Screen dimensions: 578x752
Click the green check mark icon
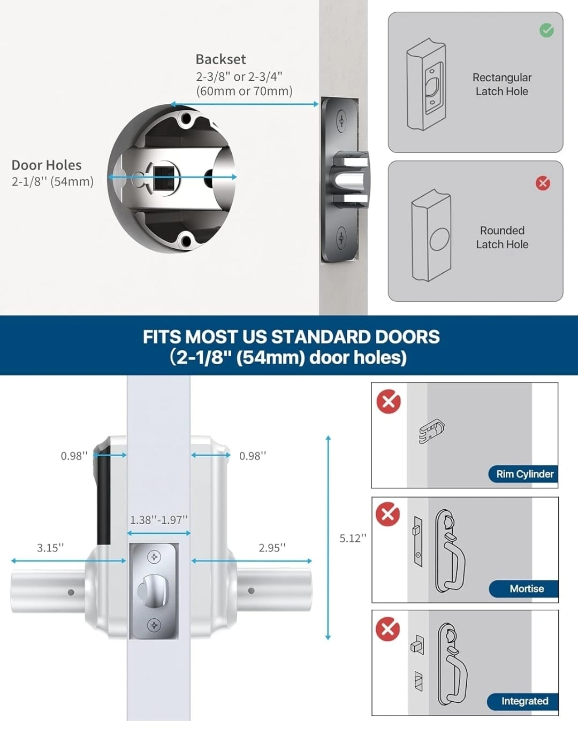tap(546, 30)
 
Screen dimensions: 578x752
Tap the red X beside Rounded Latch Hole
tap(543, 183)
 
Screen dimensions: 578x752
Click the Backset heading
tap(220, 59)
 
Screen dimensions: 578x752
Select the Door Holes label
tap(47, 165)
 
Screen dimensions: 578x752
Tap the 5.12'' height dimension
tap(353, 538)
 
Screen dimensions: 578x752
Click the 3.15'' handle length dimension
tap(50, 548)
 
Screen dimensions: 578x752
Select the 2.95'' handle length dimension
tap(272, 548)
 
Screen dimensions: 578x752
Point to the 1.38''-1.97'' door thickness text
tap(159, 520)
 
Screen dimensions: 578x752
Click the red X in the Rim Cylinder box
tap(389, 402)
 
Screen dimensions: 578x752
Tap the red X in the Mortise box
tap(387, 514)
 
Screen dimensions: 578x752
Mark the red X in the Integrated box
tap(387, 629)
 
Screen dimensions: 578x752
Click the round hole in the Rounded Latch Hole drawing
tap(439, 239)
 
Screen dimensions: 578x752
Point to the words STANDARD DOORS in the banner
tap(355, 337)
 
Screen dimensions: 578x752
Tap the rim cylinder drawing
tap(431, 431)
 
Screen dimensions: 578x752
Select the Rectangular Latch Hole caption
tap(502, 85)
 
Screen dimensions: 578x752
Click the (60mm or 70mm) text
tap(245, 91)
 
